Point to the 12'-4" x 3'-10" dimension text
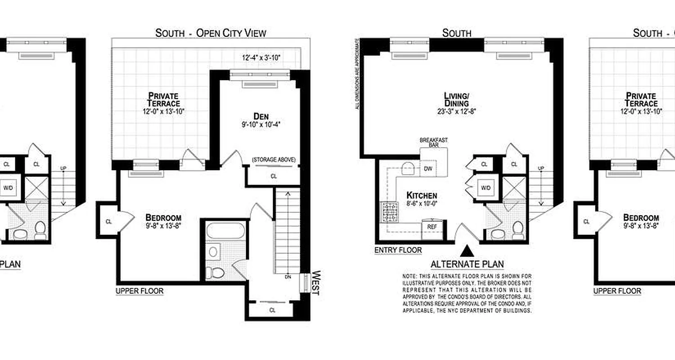pyautogui.click(x=261, y=58)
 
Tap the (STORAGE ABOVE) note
pyautogui.click(x=274, y=160)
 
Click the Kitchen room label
pyautogui.click(x=422, y=195)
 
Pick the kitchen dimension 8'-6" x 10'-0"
pyautogui.click(x=422, y=204)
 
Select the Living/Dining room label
pyautogui.click(x=457, y=99)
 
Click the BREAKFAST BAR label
pyautogui.click(x=434, y=143)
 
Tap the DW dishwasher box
pyautogui.click(x=428, y=169)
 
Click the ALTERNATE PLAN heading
pyautogui.click(x=467, y=264)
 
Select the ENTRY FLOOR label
pyautogui.click(x=398, y=250)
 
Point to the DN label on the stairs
pyautogui.click(x=288, y=277)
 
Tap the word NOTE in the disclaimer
pyautogui.click(x=409, y=276)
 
